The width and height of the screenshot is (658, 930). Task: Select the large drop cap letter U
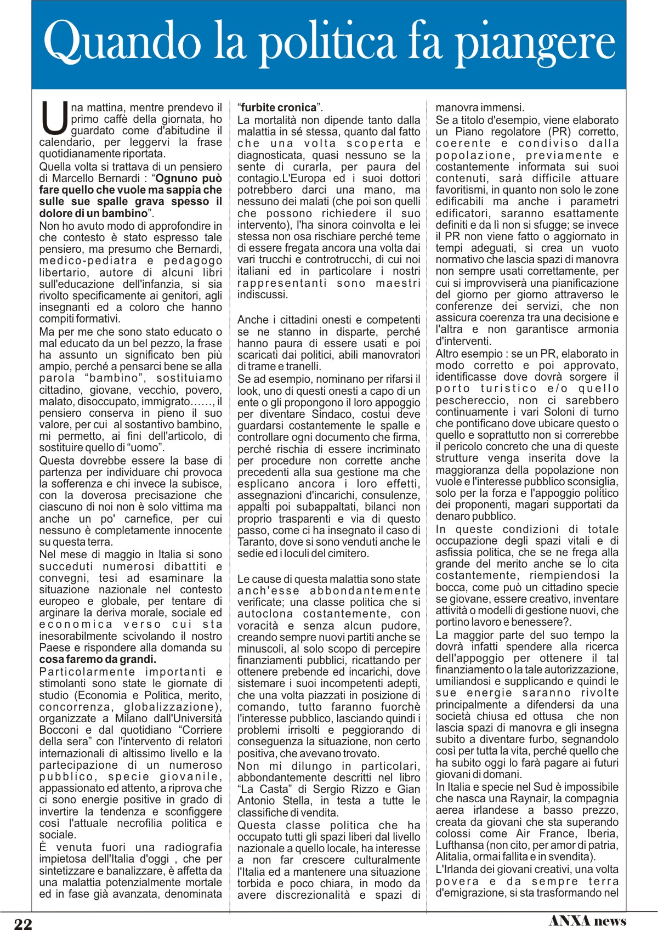pyautogui.click(x=54, y=118)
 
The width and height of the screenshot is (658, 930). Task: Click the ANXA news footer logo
pyautogui.click(x=587, y=921)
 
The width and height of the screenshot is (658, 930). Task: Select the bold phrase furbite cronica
pyautogui.click(x=279, y=108)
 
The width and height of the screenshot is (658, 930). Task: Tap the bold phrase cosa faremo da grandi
pyautogui.click(x=98, y=659)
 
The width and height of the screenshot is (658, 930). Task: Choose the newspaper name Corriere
pyautogui.click(x=201, y=730)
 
